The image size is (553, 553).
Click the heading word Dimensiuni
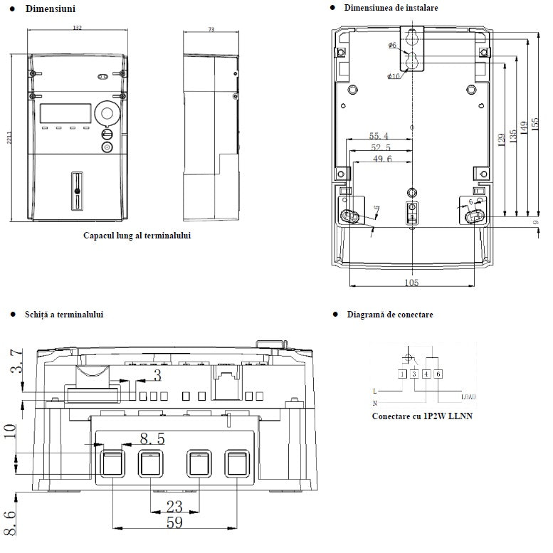[50, 9]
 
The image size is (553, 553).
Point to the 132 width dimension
[78, 28]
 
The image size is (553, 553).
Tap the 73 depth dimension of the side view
[211, 29]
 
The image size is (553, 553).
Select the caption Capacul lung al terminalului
[137, 235]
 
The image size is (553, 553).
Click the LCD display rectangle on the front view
[65, 113]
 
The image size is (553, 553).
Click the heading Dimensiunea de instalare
[391, 8]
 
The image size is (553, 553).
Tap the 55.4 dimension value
[379, 136]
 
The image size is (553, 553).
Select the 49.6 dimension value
[381, 159]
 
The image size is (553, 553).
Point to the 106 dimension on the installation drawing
[411, 283]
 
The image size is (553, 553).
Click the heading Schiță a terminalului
[63, 314]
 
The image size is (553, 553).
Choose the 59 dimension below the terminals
[173, 523]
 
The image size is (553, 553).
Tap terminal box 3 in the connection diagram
[414, 374]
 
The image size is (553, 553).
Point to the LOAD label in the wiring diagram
[468, 396]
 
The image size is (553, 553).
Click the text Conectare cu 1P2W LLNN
[422, 416]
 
